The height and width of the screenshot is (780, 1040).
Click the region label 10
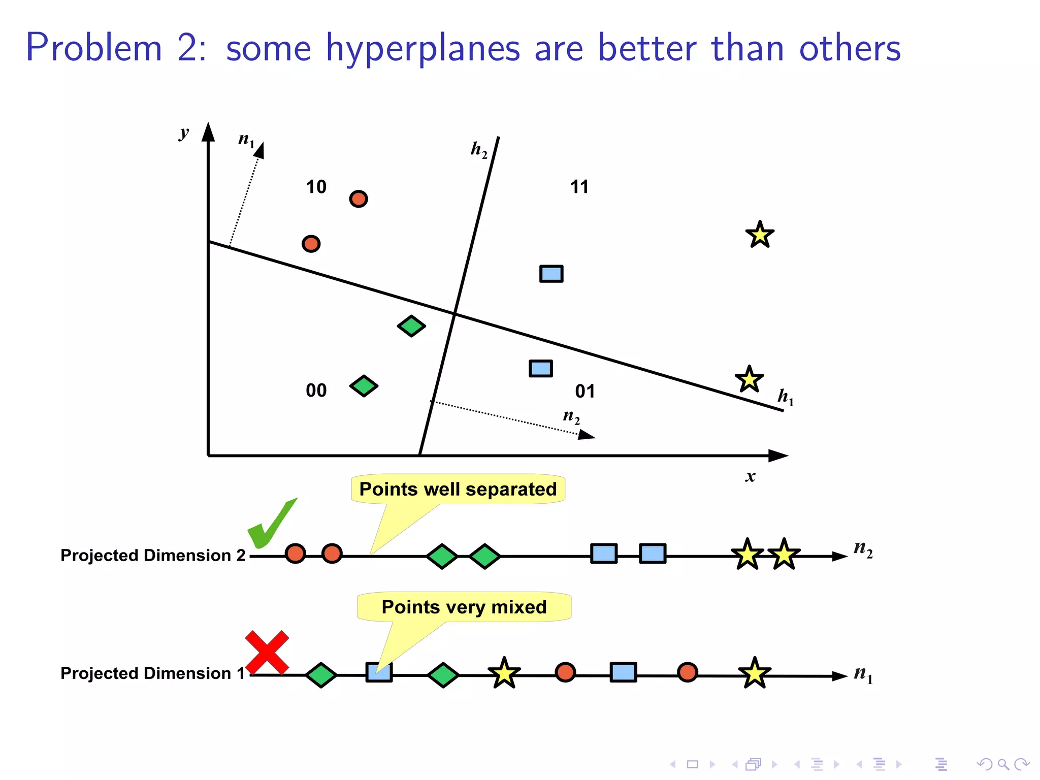click(316, 187)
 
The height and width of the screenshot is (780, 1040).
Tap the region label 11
click(579, 187)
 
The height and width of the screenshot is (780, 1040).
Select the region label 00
click(316, 391)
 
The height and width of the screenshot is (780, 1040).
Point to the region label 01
click(585, 391)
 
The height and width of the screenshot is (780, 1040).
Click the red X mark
click(267, 652)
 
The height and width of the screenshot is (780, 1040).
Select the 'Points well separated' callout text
click(458, 489)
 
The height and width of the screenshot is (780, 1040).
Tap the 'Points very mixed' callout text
click(464, 607)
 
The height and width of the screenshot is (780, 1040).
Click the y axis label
click(184, 133)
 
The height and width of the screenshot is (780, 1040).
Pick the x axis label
click(751, 476)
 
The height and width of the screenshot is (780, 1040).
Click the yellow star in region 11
click(760, 235)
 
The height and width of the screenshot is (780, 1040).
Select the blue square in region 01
click(541, 368)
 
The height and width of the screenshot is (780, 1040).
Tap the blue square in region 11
click(551, 274)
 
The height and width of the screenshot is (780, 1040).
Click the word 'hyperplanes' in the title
click(423, 48)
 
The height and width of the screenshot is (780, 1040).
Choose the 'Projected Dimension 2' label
click(153, 555)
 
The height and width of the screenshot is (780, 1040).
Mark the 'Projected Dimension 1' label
click(153, 673)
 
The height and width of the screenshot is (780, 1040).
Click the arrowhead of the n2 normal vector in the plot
click(587, 435)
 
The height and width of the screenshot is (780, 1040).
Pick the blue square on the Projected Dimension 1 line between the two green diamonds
click(379, 672)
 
